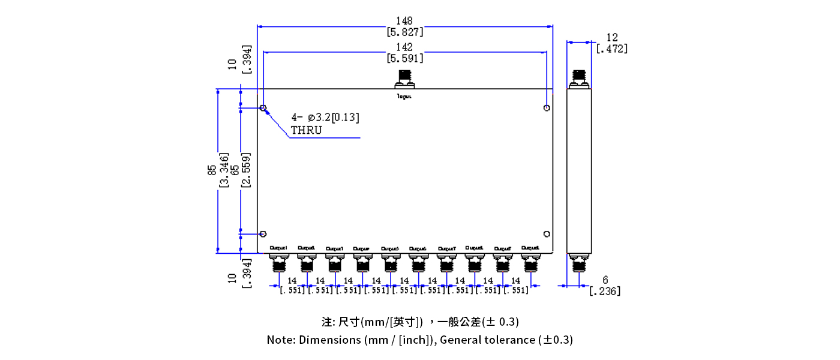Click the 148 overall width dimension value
(x=405, y=21)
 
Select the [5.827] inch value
(x=405, y=32)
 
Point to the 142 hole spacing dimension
(x=405, y=47)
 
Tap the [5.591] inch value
(x=405, y=58)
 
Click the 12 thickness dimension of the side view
(x=612, y=37)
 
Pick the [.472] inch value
(x=612, y=49)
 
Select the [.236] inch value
(x=605, y=291)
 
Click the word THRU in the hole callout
(x=306, y=130)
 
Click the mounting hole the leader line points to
(x=263, y=108)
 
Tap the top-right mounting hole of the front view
(x=546, y=108)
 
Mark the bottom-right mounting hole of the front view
(x=546, y=234)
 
